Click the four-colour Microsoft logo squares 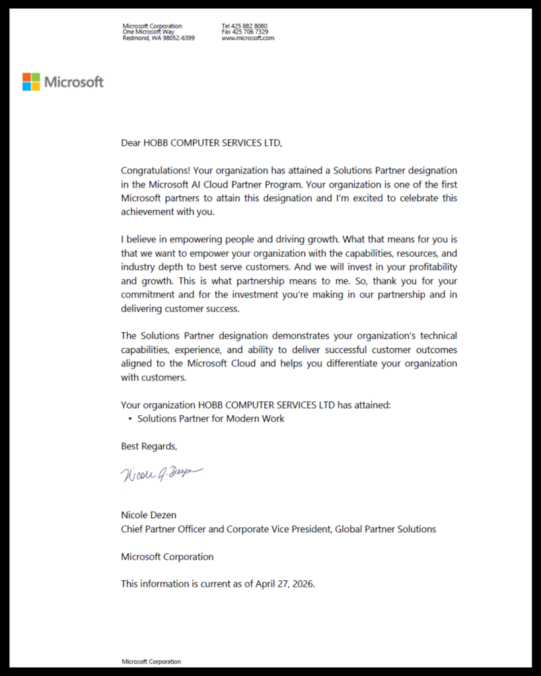click(31, 82)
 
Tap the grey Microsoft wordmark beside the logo click(74, 83)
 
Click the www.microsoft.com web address click(248, 38)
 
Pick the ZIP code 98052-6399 click(178, 38)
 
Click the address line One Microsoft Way click(149, 32)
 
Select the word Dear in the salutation click(131, 143)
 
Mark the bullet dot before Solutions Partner click(129, 419)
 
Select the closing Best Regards click(149, 446)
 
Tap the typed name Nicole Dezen click(149, 515)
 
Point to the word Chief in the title click(133, 529)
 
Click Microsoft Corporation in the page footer click(151, 661)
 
